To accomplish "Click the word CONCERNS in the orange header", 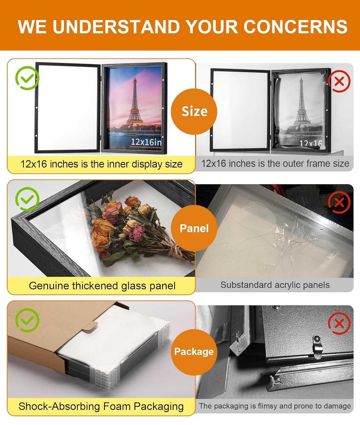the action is [x=295, y=27].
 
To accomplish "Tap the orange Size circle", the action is [x=194, y=111].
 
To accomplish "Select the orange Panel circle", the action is [x=194, y=228].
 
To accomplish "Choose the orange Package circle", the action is [x=194, y=352].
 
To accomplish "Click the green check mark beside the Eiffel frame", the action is [x=27, y=78].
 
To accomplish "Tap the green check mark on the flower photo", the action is [x=27, y=199].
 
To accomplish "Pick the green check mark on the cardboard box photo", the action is [x=27, y=320].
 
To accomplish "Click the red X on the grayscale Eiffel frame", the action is [x=339, y=81].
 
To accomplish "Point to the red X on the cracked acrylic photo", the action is [x=339, y=203].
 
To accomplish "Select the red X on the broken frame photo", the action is [x=339, y=324].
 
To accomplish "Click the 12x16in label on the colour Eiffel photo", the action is [x=146, y=142].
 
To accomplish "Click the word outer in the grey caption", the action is [x=294, y=163].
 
